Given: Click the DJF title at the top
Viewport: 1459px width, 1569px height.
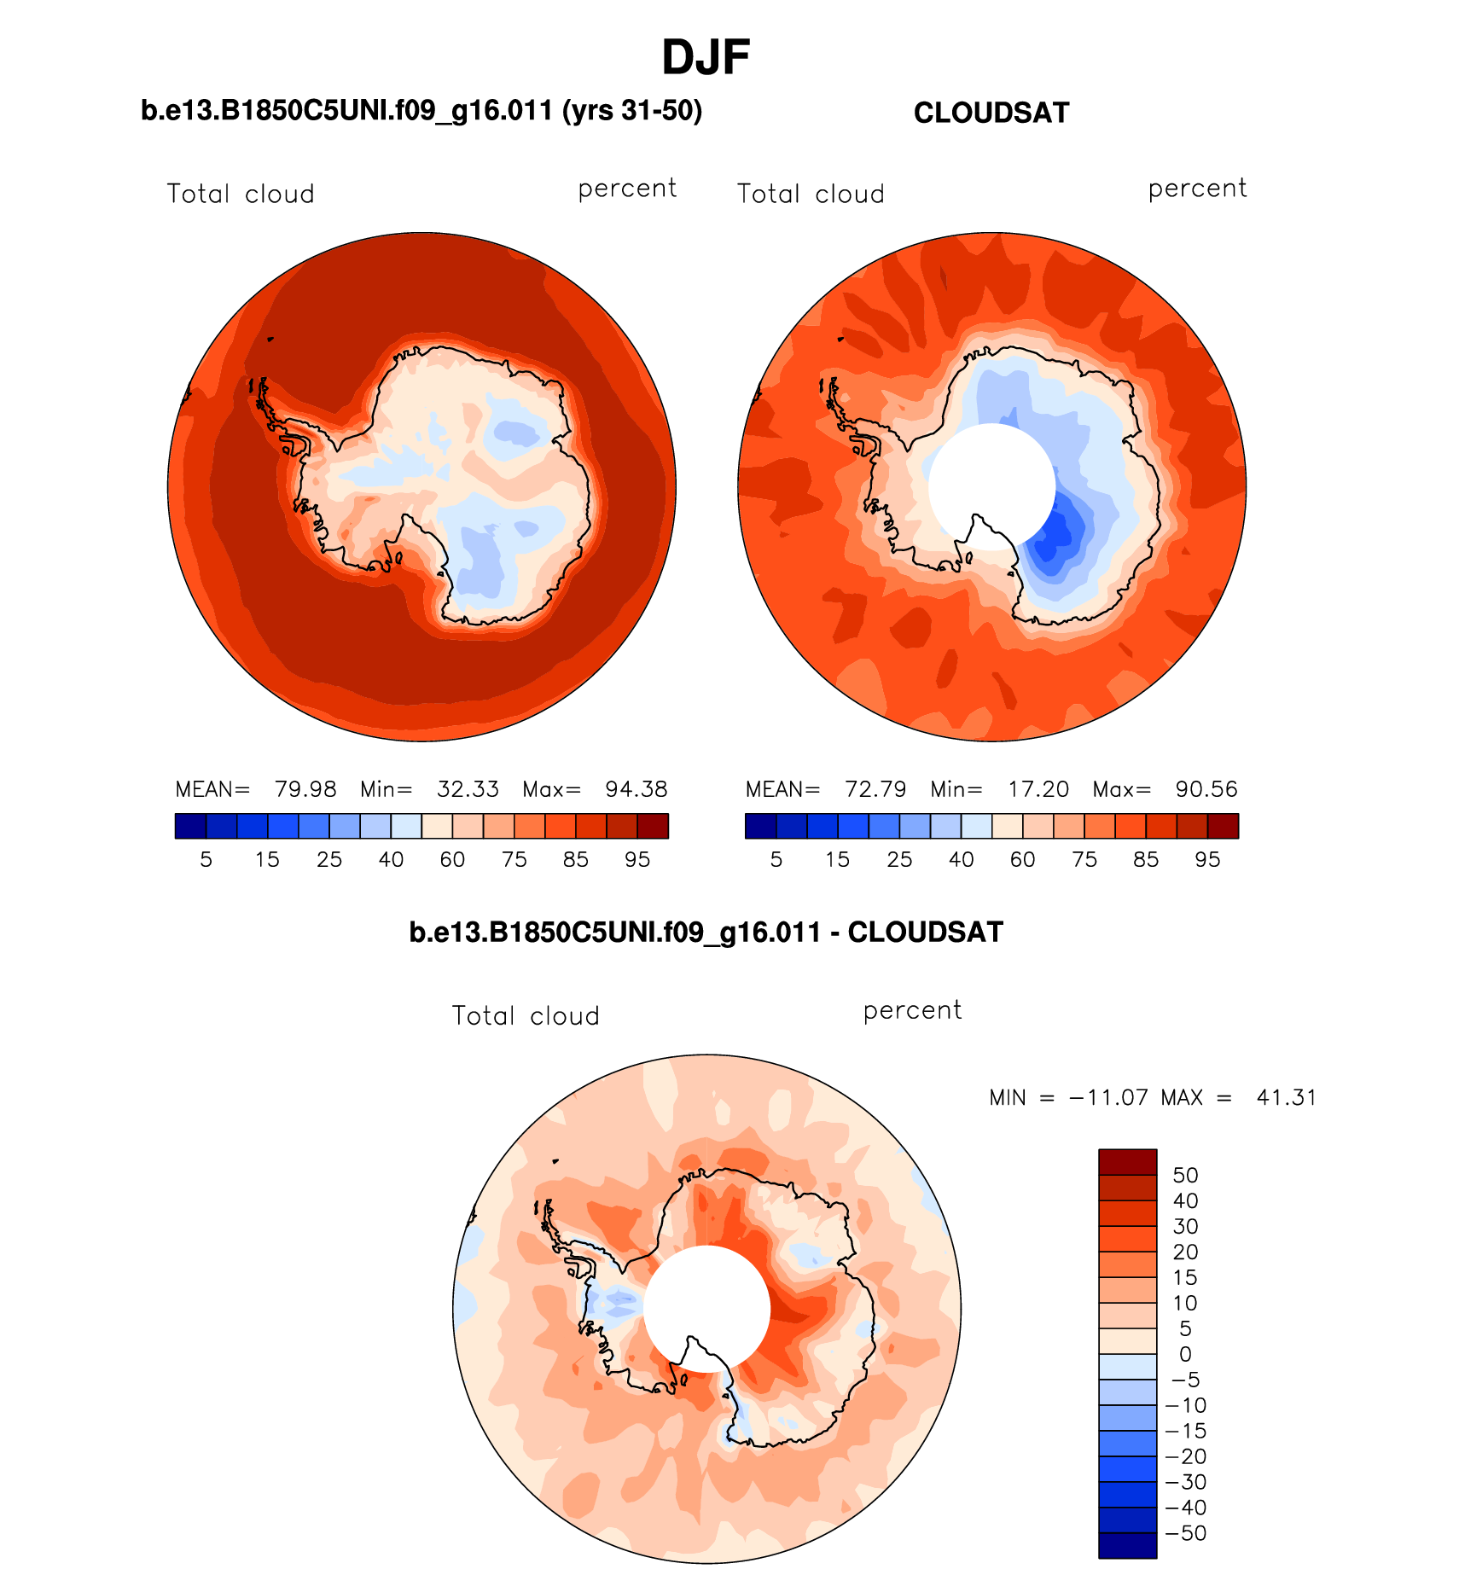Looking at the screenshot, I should tap(706, 58).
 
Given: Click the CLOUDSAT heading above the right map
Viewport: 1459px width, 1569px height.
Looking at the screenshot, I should tap(991, 113).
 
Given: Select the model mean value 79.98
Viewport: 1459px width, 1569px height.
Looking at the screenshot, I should tap(305, 789).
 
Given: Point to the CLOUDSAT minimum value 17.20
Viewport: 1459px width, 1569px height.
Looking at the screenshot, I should tap(1038, 789).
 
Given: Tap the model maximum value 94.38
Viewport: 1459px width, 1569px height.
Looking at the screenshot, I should tap(636, 789).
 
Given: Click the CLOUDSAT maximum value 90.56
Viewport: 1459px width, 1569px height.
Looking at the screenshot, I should tap(1206, 789).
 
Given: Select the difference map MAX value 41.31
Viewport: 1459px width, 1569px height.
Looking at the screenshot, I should tap(1286, 1097).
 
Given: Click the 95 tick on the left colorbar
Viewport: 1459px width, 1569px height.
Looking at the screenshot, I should tap(637, 860).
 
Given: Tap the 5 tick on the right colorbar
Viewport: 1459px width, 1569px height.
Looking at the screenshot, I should tap(776, 860).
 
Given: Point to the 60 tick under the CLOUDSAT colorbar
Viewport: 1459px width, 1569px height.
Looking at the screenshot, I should tap(1023, 860).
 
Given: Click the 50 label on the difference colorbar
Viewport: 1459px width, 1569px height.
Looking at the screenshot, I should tap(1185, 1175).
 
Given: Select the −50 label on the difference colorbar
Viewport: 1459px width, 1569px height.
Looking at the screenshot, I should tap(1185, 1533).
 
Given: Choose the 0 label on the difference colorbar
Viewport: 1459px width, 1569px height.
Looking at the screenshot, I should tap(1185, 1354).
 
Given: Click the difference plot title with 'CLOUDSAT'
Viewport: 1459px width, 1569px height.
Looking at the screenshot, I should tap(706, 933).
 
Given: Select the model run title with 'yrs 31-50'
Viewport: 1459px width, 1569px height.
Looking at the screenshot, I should tap(421, 111).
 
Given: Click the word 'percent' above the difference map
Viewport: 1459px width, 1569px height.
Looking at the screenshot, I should tap(912, 1011).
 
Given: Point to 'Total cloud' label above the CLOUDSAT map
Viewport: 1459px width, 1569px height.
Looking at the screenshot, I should tap(811, 195).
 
